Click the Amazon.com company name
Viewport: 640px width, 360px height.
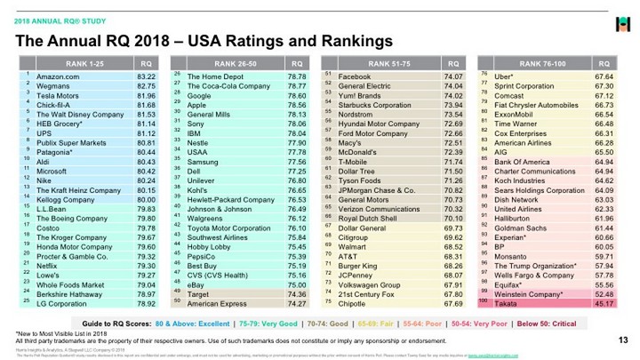point(57,78)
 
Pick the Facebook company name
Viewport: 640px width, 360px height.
point(356,78)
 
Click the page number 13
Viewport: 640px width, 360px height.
point(621,340)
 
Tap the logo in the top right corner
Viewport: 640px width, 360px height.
point(622,20)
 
